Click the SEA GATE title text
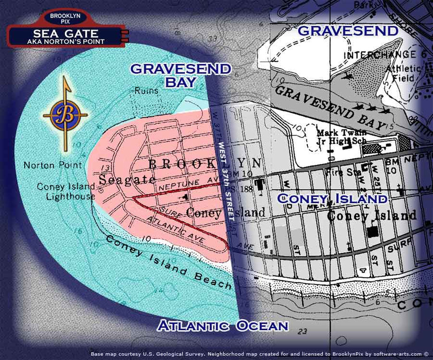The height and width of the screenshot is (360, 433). (x=65, y=34)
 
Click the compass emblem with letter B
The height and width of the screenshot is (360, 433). (x=65, y=115)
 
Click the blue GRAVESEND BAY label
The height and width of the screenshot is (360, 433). (x=180, y=75)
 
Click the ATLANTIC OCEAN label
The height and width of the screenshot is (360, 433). (x=223, y=326)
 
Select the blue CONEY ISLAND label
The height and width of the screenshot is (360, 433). (x=332, y=198)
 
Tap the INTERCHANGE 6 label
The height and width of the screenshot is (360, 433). (x=380, y=55)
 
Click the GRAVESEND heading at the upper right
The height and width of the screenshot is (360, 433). (x=348, y=31)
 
